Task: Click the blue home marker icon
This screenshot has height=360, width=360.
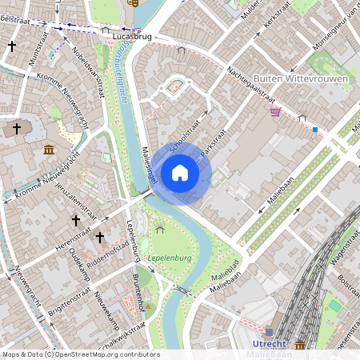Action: click(180, 173)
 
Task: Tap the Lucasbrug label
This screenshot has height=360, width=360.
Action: click(133, 37)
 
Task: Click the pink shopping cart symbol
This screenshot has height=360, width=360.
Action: click(275, 112)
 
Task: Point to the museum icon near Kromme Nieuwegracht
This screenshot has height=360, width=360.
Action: click(50, 149)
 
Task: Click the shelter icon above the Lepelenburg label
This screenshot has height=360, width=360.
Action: click(160, 230)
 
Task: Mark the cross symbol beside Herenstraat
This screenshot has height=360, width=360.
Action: click(100, 238)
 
